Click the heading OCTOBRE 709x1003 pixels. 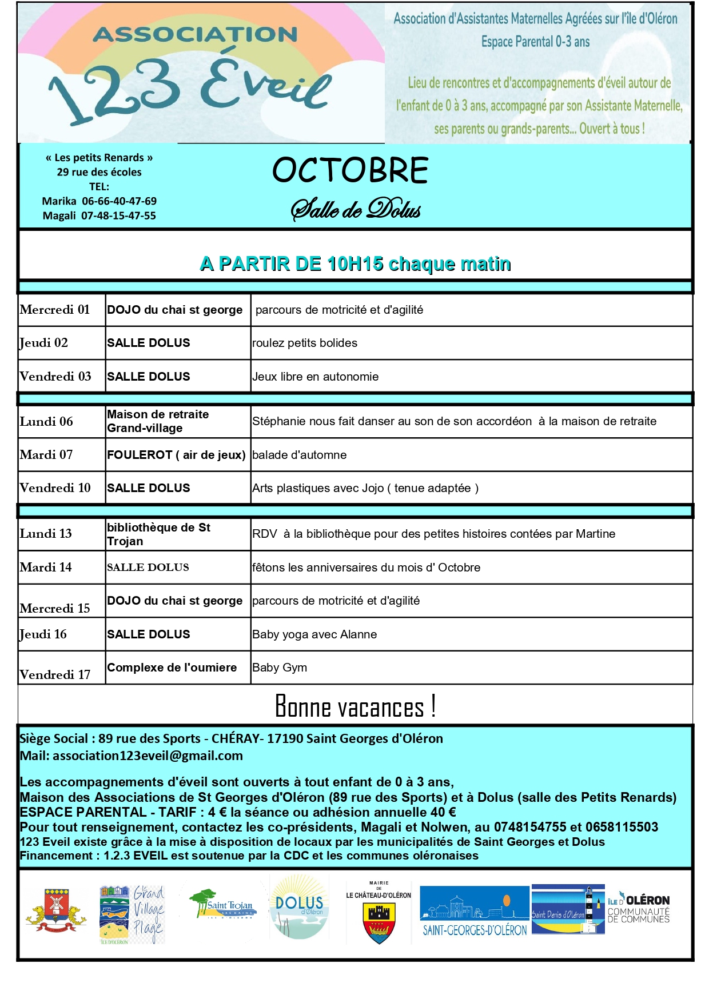(350, 170)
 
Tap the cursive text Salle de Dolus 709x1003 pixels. (356, 209)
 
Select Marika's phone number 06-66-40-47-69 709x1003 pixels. (119, 201)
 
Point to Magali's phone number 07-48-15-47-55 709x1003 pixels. (118, 215)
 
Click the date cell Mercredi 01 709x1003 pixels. (55, 310)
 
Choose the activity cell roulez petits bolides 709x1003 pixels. (305, 343)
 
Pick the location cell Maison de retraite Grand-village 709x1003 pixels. (158, 421)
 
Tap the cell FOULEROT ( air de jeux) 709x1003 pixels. (176, 455)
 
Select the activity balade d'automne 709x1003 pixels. (300, 455)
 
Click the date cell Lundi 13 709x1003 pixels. (46, 534)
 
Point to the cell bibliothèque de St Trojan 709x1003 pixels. (158, 534)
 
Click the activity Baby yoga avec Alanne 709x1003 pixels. (314, 634)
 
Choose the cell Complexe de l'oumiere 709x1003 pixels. (172, 668)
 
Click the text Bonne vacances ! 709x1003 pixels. (355, 706)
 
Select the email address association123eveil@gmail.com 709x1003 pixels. (148, 756)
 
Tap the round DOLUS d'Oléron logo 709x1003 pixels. (299, 907)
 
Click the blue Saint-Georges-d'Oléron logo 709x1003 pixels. (474, 911)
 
